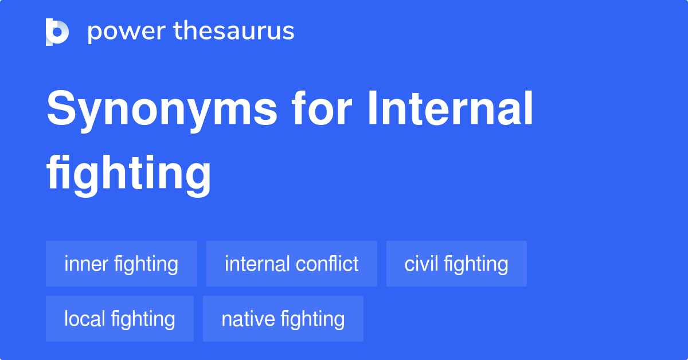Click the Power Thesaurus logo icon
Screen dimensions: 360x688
pos(57,32)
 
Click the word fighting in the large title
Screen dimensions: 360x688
pos(129,174)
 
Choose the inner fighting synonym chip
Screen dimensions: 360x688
pos(122,264)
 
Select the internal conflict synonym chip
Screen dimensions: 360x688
pos(291,264)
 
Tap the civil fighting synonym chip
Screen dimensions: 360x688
pos(456,264)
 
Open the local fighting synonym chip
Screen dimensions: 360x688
pos(120,319)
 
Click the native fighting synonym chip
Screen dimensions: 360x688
pos(283,319)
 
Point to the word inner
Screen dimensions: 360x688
pos(86,264)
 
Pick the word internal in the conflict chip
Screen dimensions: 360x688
pos(257,264)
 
